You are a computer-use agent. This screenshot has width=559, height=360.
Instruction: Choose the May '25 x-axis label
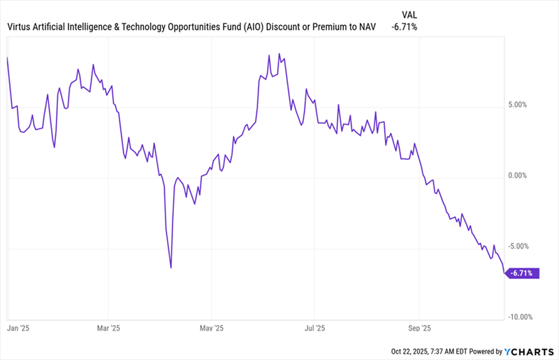(x=211, y=327)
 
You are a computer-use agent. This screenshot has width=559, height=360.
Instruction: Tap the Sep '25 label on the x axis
(x=419, y=327)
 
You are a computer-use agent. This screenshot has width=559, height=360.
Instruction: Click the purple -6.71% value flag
(x=524, y=273)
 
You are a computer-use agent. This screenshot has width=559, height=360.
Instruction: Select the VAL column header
(x=411, y=14)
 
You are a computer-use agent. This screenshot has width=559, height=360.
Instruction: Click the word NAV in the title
(x=364, y=27)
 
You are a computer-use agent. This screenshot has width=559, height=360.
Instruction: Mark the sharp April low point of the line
(x=170, y=268)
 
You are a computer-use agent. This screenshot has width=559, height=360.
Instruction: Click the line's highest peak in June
(x=279, y=54)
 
